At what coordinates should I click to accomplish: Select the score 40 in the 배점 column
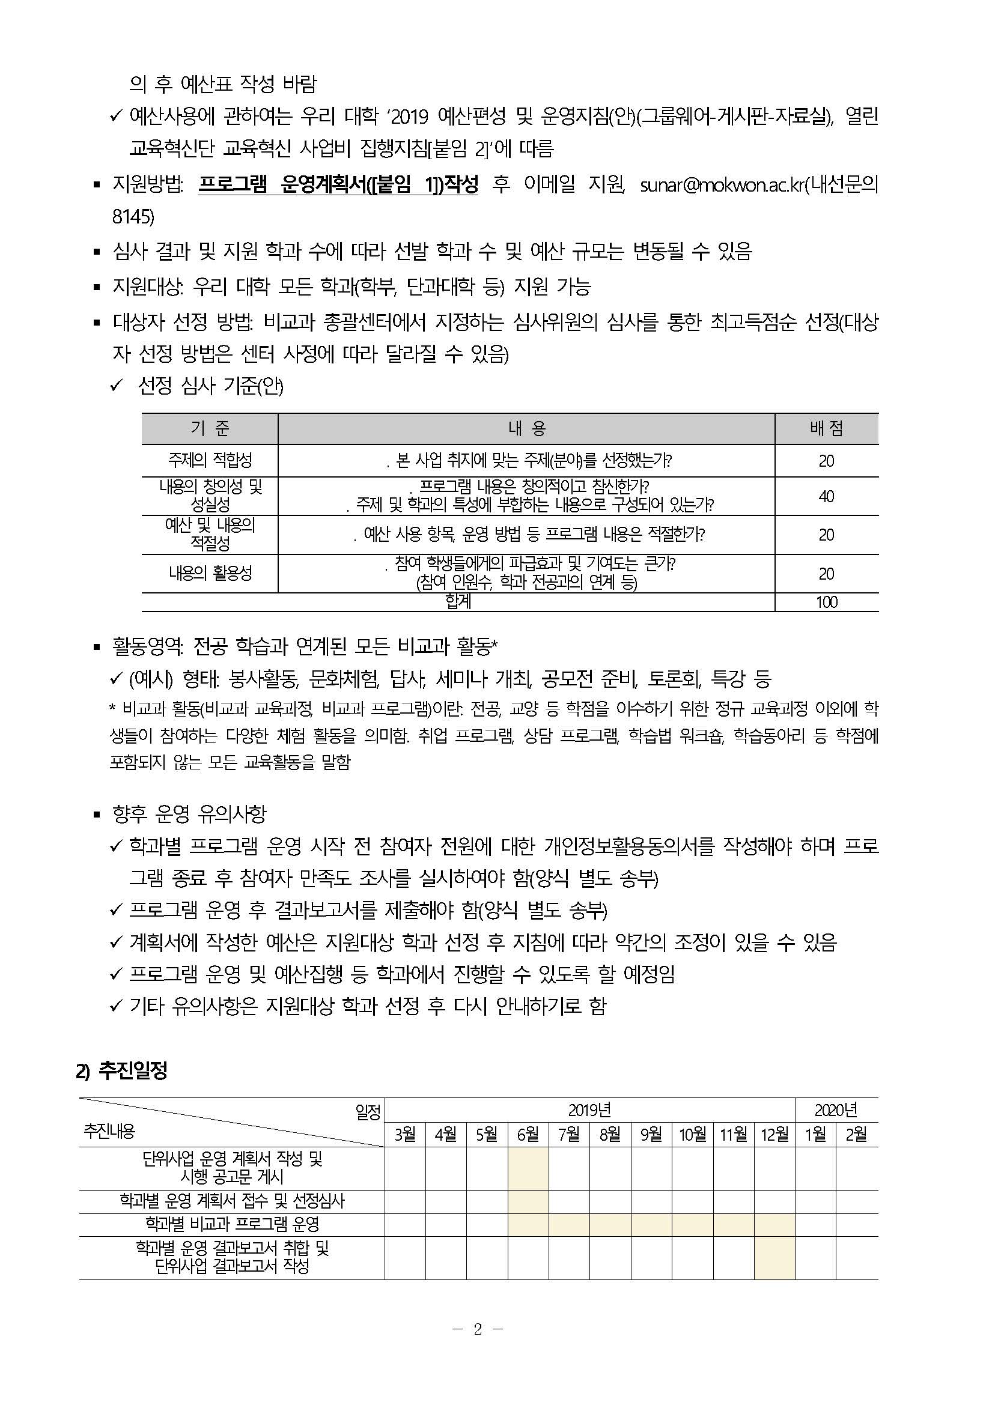click(826, 496)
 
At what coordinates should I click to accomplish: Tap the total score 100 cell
click(826, 602)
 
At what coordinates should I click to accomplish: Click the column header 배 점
click(826, 429)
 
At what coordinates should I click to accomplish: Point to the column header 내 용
click(526, 429)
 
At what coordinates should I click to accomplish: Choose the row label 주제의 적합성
click(210, 460)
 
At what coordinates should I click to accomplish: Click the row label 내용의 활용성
click(210, 573)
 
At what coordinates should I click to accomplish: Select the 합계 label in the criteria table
click(458, 602)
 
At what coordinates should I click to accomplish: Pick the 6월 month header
click(528, 1134)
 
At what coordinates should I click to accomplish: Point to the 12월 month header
click(774, 1134)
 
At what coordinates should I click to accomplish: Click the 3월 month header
click(405, 1134)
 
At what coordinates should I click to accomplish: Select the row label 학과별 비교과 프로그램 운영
click(232, 1224)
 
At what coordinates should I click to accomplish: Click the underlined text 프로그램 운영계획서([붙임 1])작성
click(338, 185)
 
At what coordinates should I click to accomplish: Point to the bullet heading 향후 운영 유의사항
click(189, 814)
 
